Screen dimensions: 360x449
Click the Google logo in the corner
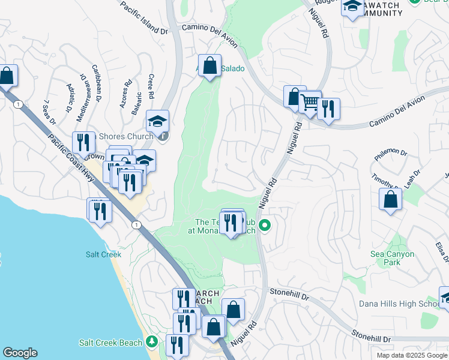point(20,353)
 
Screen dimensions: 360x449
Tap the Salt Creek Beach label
point(110,343)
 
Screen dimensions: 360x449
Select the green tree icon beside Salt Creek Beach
point(152,342)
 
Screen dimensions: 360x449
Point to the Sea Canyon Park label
point(392,259)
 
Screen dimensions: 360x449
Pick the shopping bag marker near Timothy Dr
point(390,199)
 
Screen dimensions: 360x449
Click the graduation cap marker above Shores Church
point(158,121)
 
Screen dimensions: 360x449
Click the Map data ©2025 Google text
point(411,355)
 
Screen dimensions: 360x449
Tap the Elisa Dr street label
point(442,251)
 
